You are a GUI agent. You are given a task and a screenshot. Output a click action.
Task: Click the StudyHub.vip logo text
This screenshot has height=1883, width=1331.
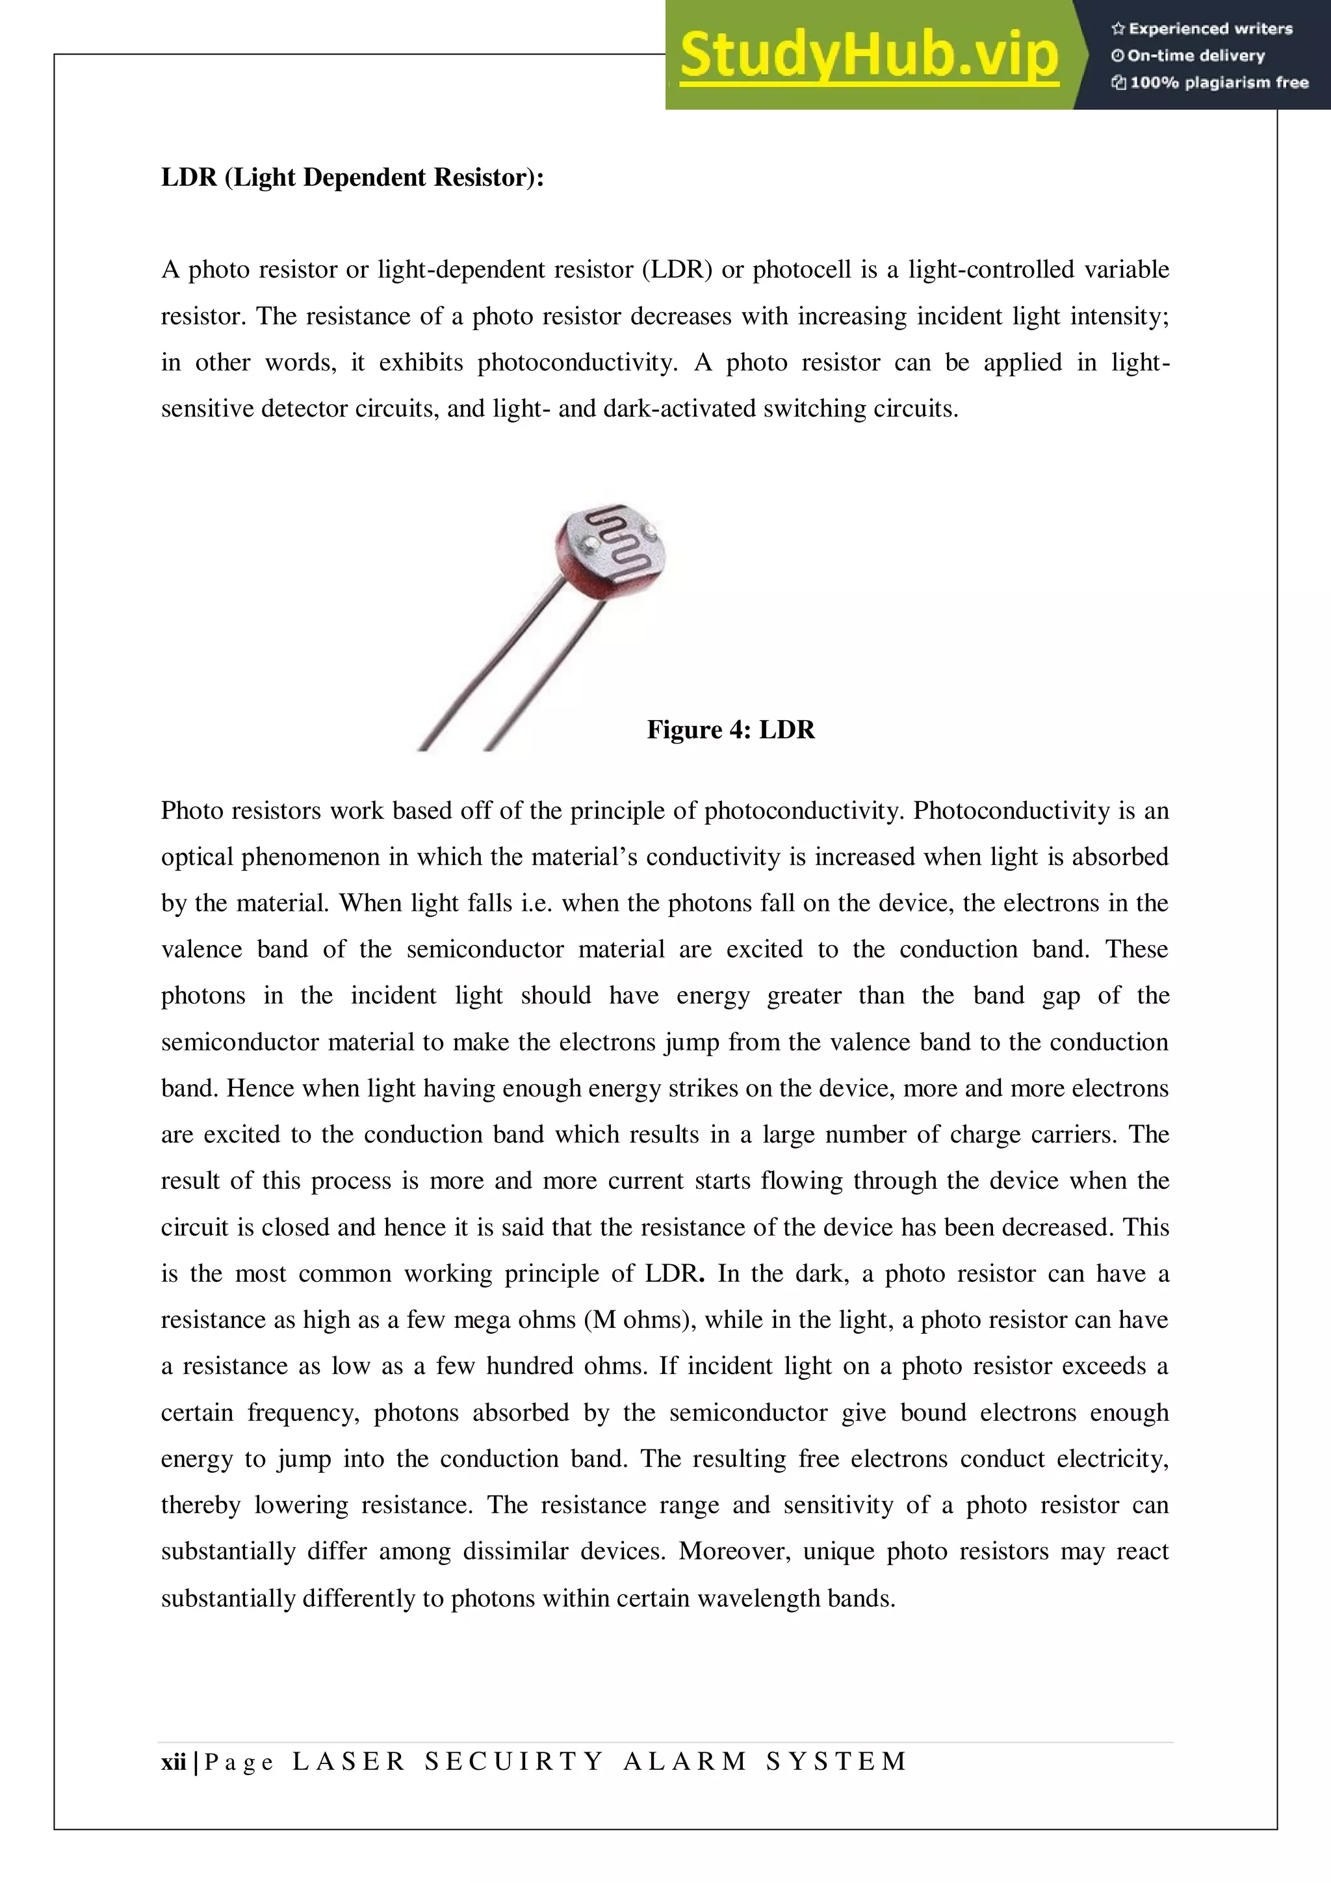(x=870, y=56)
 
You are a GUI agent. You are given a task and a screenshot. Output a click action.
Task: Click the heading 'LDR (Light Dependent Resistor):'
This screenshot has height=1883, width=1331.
(x=353, y=177)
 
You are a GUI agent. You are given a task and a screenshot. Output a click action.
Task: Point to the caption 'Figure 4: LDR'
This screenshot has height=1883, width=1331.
(x=730, y=729)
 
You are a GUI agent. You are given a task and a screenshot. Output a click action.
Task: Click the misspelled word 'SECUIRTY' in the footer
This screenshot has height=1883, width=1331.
(x=514, y=1761)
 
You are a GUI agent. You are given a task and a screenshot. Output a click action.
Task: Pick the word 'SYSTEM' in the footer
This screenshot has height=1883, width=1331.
(x=836, y=1761)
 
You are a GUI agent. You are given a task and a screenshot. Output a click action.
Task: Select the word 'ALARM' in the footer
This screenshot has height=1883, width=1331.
(x=685, y=1761)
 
